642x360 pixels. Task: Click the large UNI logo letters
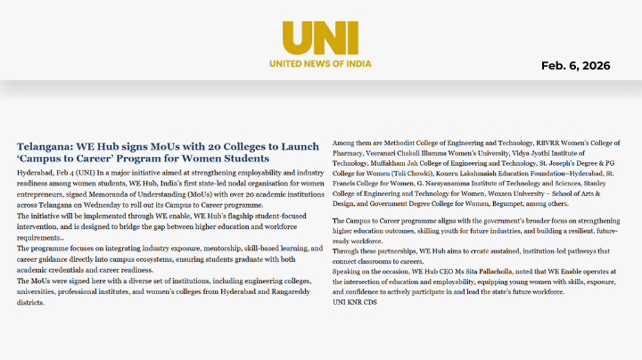(320, 38)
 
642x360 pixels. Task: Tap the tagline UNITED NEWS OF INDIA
(320, 63)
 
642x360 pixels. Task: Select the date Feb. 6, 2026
(575, 66)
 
